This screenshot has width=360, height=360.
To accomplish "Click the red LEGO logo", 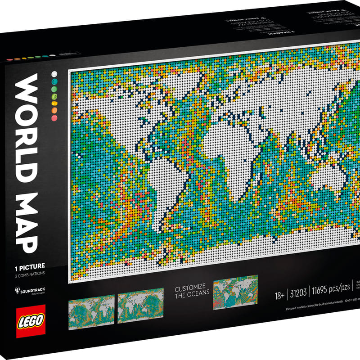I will [x=31, y=321].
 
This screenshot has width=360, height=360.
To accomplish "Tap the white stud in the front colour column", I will [x=54, y=73].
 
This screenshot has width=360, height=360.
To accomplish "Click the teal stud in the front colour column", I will [x=54, y=81].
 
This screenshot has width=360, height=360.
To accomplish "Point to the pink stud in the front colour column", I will [x=54, y=117].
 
